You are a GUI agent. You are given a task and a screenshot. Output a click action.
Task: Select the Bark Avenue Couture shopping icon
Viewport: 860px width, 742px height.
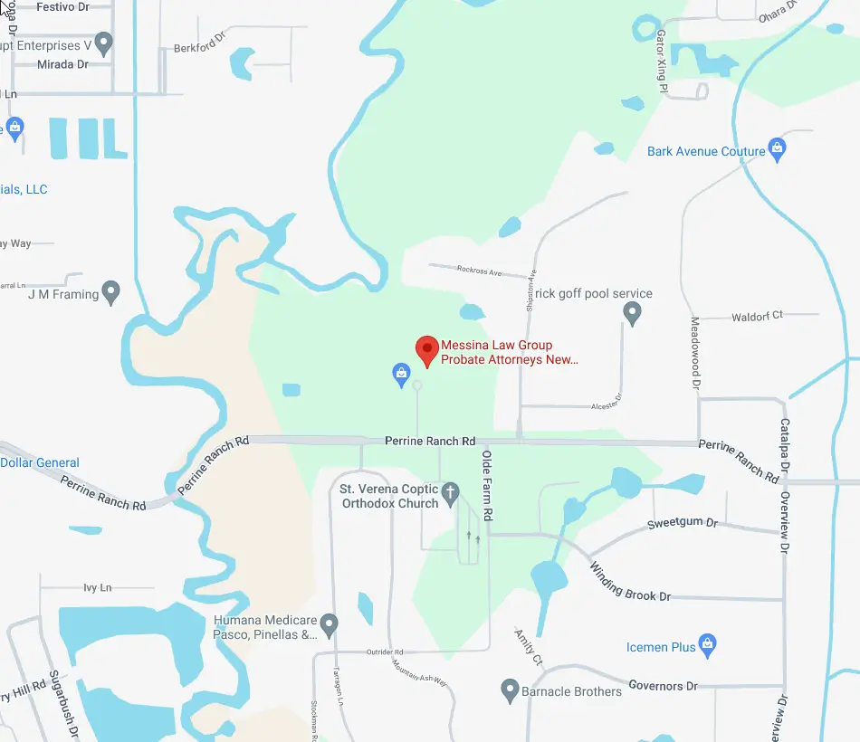[776, 147]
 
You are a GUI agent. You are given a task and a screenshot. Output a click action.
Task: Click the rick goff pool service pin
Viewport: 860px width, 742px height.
[633, 313]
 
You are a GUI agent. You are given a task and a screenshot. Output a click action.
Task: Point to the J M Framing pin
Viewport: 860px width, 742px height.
[110, 292]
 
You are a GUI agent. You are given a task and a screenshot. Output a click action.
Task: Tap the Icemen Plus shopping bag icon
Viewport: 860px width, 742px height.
[709, 644]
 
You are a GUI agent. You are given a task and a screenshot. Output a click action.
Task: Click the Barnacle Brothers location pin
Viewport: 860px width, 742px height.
[510, 690]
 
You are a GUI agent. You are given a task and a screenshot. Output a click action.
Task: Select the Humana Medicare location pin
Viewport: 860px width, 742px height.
[330, 624]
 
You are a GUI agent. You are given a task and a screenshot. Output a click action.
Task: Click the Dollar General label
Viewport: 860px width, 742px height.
[40, 462]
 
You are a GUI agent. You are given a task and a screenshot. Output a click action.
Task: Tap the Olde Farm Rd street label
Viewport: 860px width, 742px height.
[487, 485]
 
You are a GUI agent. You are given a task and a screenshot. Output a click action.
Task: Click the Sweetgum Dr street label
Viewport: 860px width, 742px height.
[683, 524]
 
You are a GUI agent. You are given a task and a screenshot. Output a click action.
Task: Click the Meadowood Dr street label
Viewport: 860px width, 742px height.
[696, 353]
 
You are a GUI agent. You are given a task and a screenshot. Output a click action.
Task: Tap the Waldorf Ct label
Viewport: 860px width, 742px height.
[758, 315]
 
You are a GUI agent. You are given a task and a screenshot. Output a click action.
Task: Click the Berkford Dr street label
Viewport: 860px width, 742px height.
[198, 43]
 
